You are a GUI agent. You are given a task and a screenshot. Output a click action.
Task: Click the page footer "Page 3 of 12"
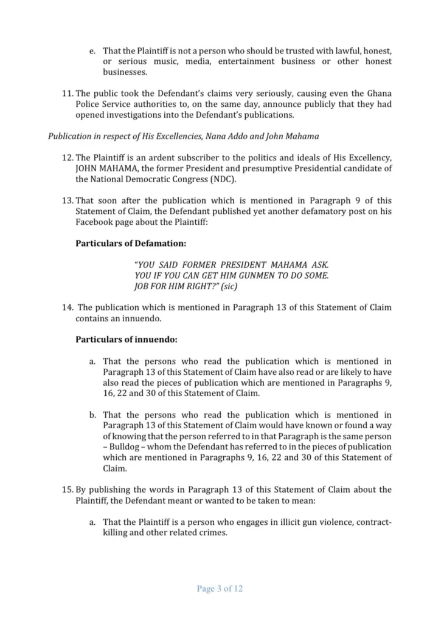coord(220,589)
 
